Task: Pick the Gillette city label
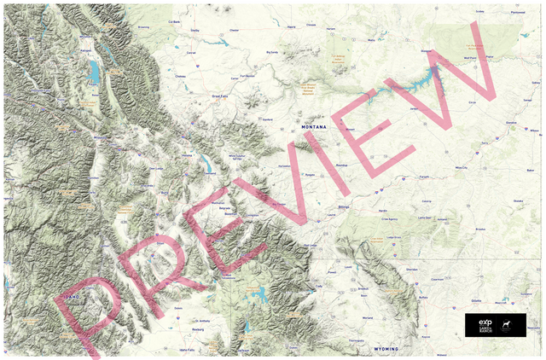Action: click(475, 300)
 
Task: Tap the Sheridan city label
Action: click(411, 269)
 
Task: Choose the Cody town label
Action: click(320, 286)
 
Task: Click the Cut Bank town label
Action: click(175, 22)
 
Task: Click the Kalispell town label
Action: click(85, 49)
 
